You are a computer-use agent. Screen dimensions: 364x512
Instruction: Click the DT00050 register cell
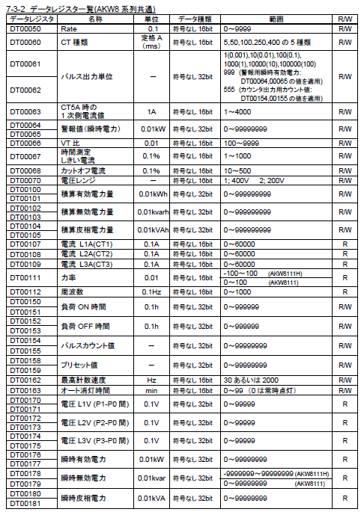(24, 28)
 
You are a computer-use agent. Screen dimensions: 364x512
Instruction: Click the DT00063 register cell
(24, 111)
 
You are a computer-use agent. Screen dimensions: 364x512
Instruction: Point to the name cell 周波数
(71, 292)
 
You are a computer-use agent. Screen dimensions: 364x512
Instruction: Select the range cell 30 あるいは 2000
(251, 380)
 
